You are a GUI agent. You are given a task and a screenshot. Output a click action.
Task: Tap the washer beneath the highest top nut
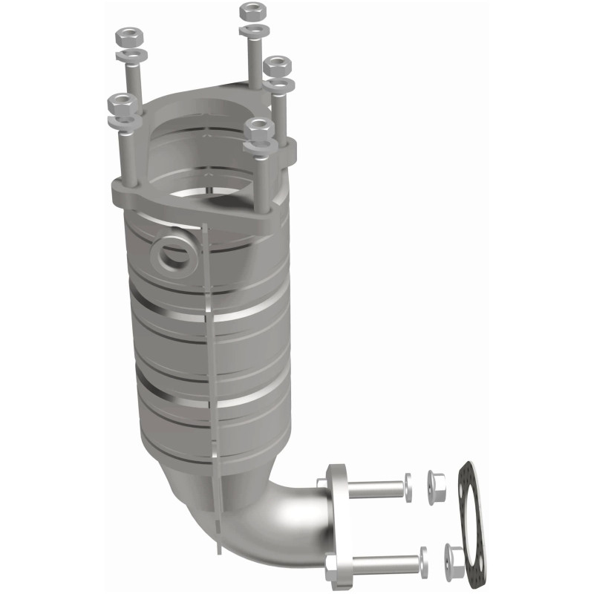pyautogui.click(x=255, y=30)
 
